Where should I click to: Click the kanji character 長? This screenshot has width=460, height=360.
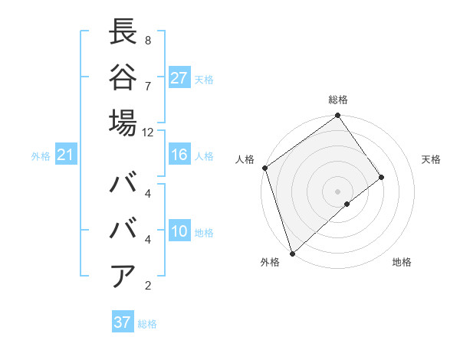(123, 32)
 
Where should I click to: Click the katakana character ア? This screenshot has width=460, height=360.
(123, 276)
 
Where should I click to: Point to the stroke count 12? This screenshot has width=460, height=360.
(148, 132)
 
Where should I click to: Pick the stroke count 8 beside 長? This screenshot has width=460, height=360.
(148, 40)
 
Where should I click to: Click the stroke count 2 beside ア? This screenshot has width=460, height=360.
(148, 286)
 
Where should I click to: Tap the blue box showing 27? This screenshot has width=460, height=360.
(179, 78)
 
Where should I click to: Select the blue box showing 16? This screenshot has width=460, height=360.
(179, 155)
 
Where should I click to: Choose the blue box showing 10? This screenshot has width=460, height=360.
(179, 232)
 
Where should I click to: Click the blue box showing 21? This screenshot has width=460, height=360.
(66, 155)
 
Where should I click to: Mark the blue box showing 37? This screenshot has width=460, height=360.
(123, 322)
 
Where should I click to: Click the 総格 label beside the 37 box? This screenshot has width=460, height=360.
(147, 324)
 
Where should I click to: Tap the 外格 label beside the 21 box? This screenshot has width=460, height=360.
(41, 156)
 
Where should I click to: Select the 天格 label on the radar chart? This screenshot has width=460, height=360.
(431, 159)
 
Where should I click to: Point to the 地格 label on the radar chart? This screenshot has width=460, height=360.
(402, 262)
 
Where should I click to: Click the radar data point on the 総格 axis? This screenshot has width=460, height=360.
(337, 116)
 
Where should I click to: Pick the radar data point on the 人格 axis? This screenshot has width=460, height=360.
(265, 168)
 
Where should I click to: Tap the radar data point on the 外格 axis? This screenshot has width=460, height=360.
(292, 252)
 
